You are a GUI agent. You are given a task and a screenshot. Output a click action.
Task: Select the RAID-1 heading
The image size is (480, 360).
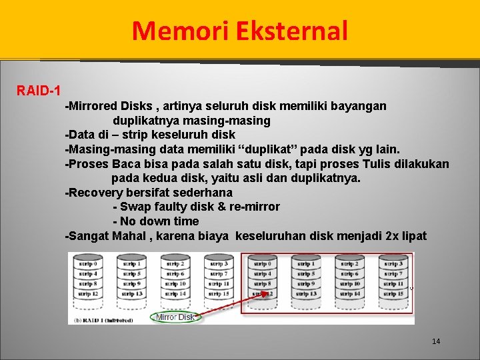coord(39,90)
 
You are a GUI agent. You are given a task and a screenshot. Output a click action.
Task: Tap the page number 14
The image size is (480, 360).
coord(436,341)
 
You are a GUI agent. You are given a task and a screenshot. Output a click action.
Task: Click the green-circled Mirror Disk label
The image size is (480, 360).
coord(175,317)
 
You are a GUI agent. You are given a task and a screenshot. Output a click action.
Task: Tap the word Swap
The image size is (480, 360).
coord(136,207)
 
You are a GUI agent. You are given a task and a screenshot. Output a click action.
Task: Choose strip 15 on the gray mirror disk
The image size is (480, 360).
coord(394,293)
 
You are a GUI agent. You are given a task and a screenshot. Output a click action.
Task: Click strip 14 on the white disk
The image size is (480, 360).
coord(175,293)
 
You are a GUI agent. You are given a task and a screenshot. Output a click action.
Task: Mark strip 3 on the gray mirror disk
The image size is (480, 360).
coord(394,265)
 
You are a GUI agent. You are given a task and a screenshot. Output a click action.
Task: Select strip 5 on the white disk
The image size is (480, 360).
coord(131,274)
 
